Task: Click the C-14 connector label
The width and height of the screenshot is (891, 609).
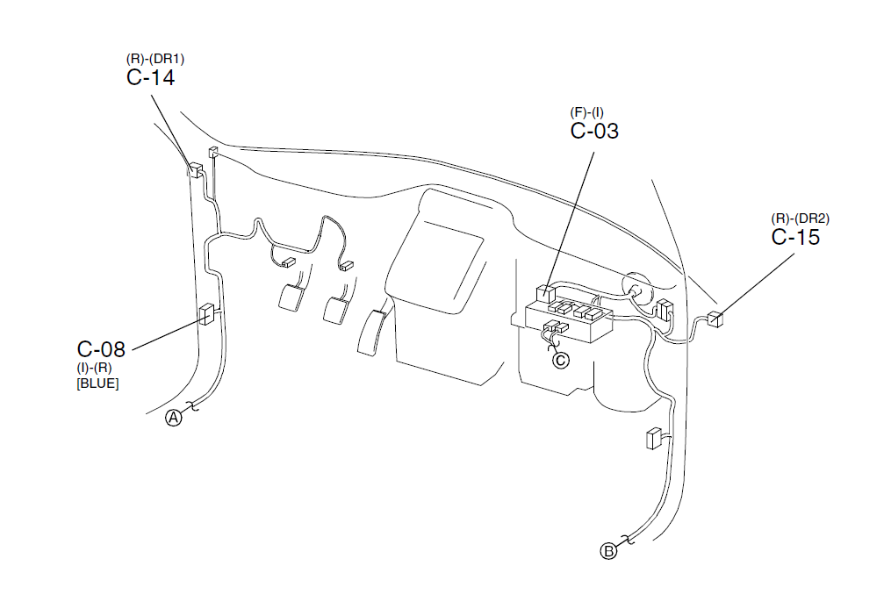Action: [151, 77]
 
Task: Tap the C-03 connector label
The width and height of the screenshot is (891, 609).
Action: [594, 131]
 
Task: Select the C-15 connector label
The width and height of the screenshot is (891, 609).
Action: [795, 237]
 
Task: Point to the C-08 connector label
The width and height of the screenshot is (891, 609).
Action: [101, 348]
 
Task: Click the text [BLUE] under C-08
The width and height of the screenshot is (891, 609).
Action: [97, 383]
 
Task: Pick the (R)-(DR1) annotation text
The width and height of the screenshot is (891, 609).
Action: [155, 59]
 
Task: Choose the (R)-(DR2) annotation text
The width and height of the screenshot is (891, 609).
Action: [800, 219]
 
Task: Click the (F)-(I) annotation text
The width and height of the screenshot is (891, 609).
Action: [587, 112]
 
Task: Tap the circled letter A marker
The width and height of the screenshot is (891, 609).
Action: [174, 418]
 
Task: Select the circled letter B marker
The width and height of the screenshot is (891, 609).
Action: [608, 551]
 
